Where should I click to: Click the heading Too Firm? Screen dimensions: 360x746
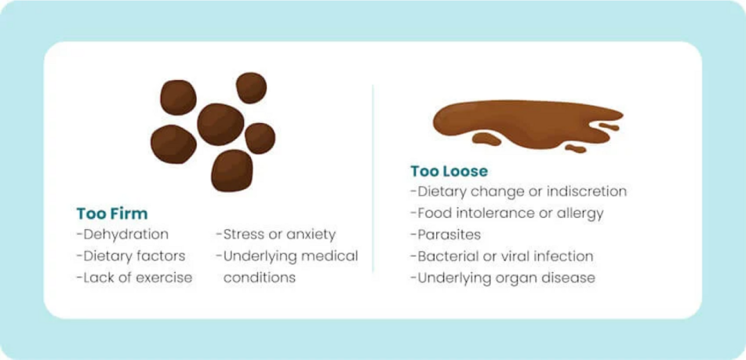pyautogui.click(x=112, y=213)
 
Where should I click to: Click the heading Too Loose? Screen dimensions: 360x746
pyautogui.click(x=449, y=171)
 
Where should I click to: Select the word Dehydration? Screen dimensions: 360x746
pyautogui.click(x=126, y=235)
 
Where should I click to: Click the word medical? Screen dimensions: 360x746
pyautogui.click(x=332, y=256)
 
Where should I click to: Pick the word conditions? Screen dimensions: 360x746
pyautogui.click(x=260, y=278)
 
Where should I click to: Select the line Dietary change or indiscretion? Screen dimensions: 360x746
pyautogui.click(x=519, y=191)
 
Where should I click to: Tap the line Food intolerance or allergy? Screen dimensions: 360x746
pyautogui.click(x=507, y=213)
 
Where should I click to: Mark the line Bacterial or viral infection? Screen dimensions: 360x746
pyautogui.click(x=502, y=256)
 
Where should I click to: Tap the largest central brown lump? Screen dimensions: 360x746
pyautogui.click(x=220, y=125)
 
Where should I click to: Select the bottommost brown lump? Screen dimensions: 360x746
pyautogui.click(x=232, y=170)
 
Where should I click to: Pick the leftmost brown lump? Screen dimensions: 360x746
pyautogui.click(x=173, y=144)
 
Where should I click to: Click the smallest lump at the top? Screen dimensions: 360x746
pyautogui.click(x=251, y=88)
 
